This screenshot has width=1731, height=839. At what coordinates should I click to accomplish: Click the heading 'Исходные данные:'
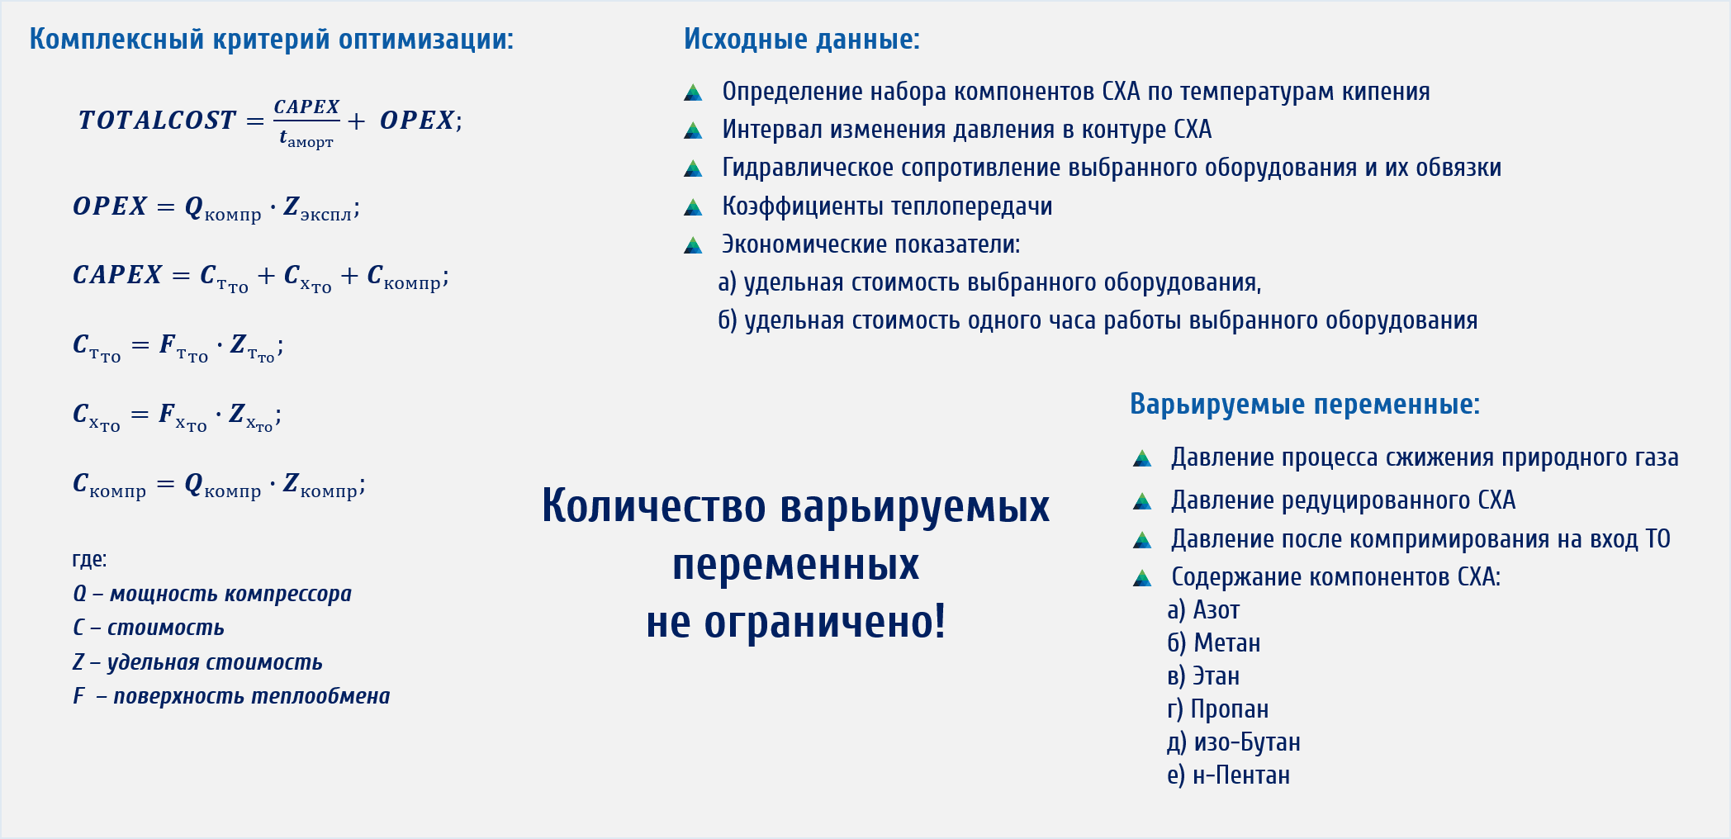click(801, 40)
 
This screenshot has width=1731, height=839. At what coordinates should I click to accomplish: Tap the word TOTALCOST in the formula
click(157, 121)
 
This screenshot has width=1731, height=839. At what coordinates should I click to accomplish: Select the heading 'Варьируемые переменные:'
click(1305, 405)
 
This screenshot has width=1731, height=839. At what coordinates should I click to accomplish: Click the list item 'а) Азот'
click(1203, 610)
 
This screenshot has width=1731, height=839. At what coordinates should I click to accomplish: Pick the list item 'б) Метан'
click(1214, 643)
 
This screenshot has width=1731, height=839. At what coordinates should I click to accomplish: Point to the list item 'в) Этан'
click(1203, 676)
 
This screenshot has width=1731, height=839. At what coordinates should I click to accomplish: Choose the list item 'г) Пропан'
click(1218, 709)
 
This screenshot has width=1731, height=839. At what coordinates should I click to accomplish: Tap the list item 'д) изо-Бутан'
click(1234, 742)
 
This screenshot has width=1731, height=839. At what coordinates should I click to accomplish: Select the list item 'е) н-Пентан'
click(1229, 775)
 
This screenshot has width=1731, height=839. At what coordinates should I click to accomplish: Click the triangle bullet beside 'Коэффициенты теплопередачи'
click(693, 207)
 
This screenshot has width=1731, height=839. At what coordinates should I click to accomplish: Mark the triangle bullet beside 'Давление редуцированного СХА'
click(1142, 501)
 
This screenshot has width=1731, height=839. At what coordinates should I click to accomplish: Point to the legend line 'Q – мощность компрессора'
click(212, 594)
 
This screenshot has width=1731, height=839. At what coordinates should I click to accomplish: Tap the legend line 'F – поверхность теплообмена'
click(231, 696)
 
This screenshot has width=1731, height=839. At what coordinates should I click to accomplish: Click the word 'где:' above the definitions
click(89, 560)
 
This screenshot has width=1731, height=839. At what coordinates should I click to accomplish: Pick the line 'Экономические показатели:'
click(871, 244)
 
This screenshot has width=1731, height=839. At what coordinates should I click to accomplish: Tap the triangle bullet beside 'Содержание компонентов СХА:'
click(1142, 578)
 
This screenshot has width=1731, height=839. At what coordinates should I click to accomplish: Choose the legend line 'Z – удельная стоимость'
click(197, 662)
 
